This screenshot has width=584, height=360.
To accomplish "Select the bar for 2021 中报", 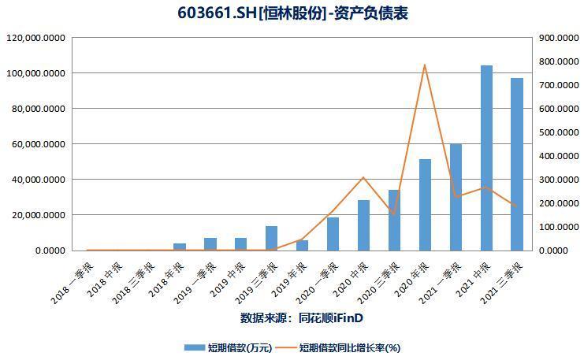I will click(486, 158).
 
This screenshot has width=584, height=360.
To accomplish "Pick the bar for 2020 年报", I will click(425, 205).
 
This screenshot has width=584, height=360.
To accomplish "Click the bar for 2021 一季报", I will click(456, 197).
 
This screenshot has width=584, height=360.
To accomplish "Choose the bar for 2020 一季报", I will click(333, 234).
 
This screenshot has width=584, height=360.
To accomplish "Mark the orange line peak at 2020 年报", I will click(425, 65).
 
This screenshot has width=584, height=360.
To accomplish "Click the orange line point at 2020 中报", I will click(363, 177).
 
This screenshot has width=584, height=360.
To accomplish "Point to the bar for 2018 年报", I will click(180, 247).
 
